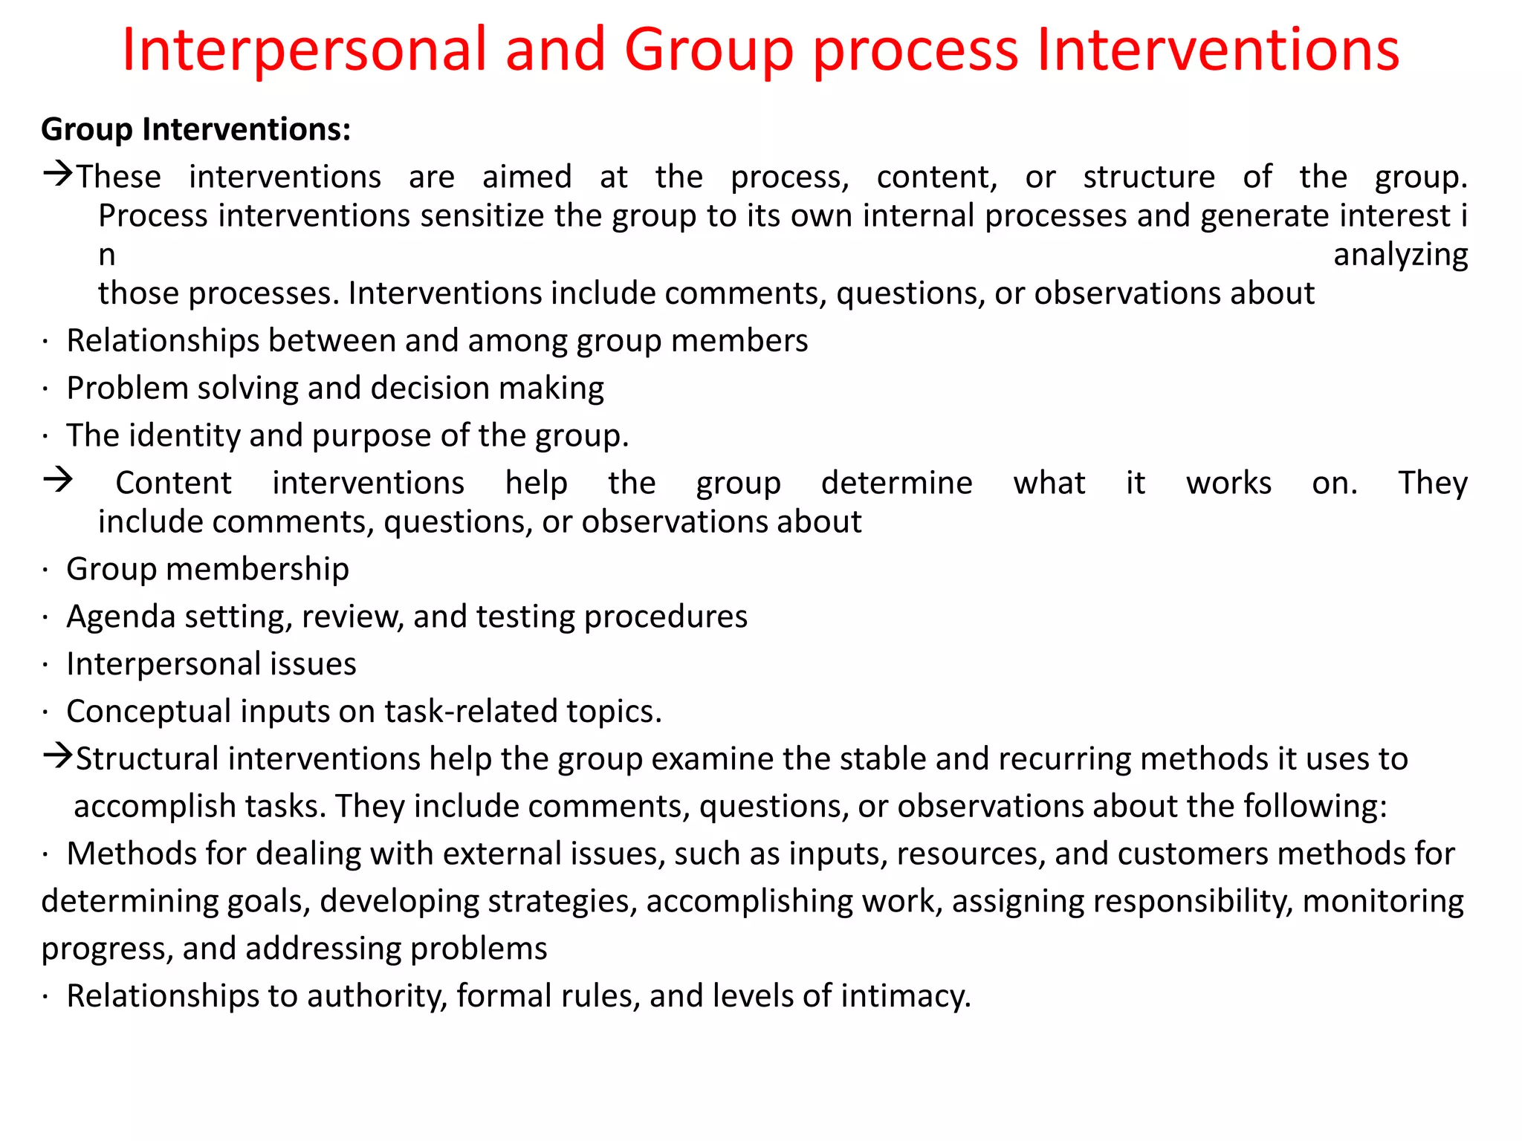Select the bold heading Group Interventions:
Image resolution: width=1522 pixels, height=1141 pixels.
click(195, 129)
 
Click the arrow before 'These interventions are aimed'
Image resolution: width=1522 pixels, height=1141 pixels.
click(57, 175)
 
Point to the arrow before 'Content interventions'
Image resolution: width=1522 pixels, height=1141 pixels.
click(57, 481)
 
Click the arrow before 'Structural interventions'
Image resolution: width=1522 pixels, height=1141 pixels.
click(57, 757)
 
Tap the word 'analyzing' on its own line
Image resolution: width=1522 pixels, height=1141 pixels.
click(1400, 256)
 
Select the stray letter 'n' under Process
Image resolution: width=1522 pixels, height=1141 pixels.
click(107, 256)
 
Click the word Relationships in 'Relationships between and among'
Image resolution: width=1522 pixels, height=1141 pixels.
click(163, 341)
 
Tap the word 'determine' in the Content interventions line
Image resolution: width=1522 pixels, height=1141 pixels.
click(896, 484)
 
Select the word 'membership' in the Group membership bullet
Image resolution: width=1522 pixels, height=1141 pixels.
click(257, 570)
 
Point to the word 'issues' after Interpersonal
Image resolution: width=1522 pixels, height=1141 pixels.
click(312, 664)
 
